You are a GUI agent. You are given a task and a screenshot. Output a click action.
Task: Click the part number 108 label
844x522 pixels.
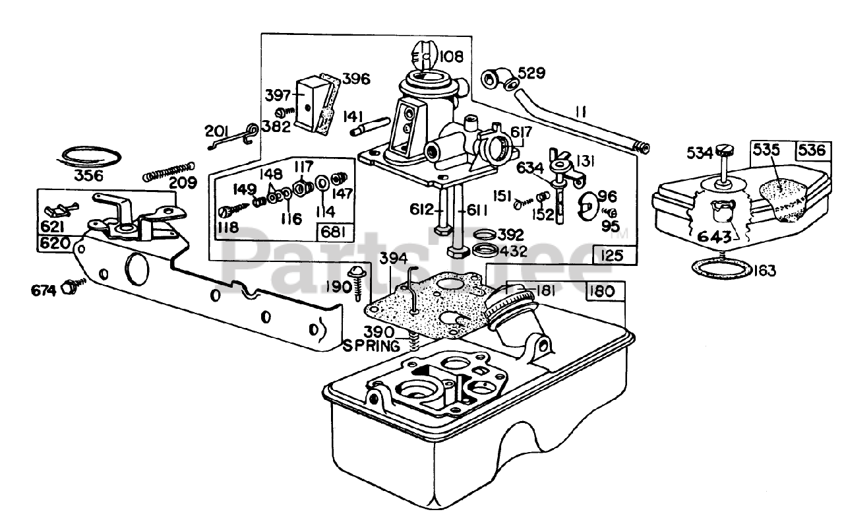pos(452,57)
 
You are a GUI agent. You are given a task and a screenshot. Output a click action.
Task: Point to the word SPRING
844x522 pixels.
pos(371,346)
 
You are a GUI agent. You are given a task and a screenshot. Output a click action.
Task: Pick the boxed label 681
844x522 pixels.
pos(334,232)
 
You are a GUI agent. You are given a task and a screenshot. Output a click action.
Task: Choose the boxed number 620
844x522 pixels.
pos(55,244)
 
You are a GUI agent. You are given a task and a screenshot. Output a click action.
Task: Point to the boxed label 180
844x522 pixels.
pos(603,291)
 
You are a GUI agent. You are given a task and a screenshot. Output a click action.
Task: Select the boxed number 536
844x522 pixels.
pos(811,150)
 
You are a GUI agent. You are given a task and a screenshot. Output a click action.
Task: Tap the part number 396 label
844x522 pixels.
pos(356,79)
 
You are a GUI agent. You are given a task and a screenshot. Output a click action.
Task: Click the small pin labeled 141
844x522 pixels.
pos(370,126)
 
